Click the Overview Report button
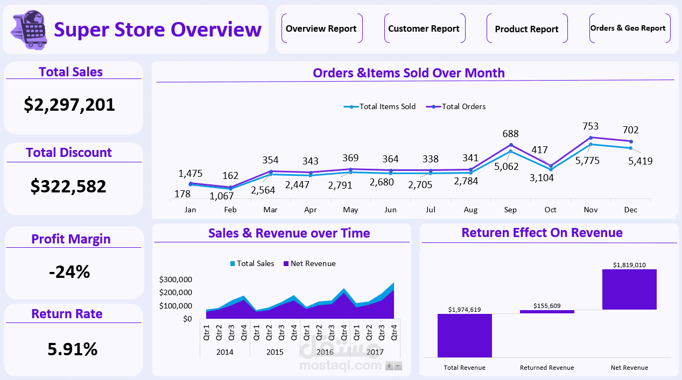pos(321,28)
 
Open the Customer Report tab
pos(424,28)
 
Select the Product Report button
pos(526,29)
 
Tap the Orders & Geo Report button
pos(628,28)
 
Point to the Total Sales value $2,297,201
pos(69,104)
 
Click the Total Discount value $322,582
pos(68,186)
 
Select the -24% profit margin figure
pos(69,272)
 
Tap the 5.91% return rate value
pos(73,349)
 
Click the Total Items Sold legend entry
pos(380,106)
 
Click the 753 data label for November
pos(590,126)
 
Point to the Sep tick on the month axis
pos(509,210)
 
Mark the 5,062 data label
pos(506,166)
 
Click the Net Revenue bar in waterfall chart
pos(629,289)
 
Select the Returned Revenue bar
pos(547,312)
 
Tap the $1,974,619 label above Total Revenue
pos(464,309)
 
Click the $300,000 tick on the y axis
pos(175,279)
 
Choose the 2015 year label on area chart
pos(275,352)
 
